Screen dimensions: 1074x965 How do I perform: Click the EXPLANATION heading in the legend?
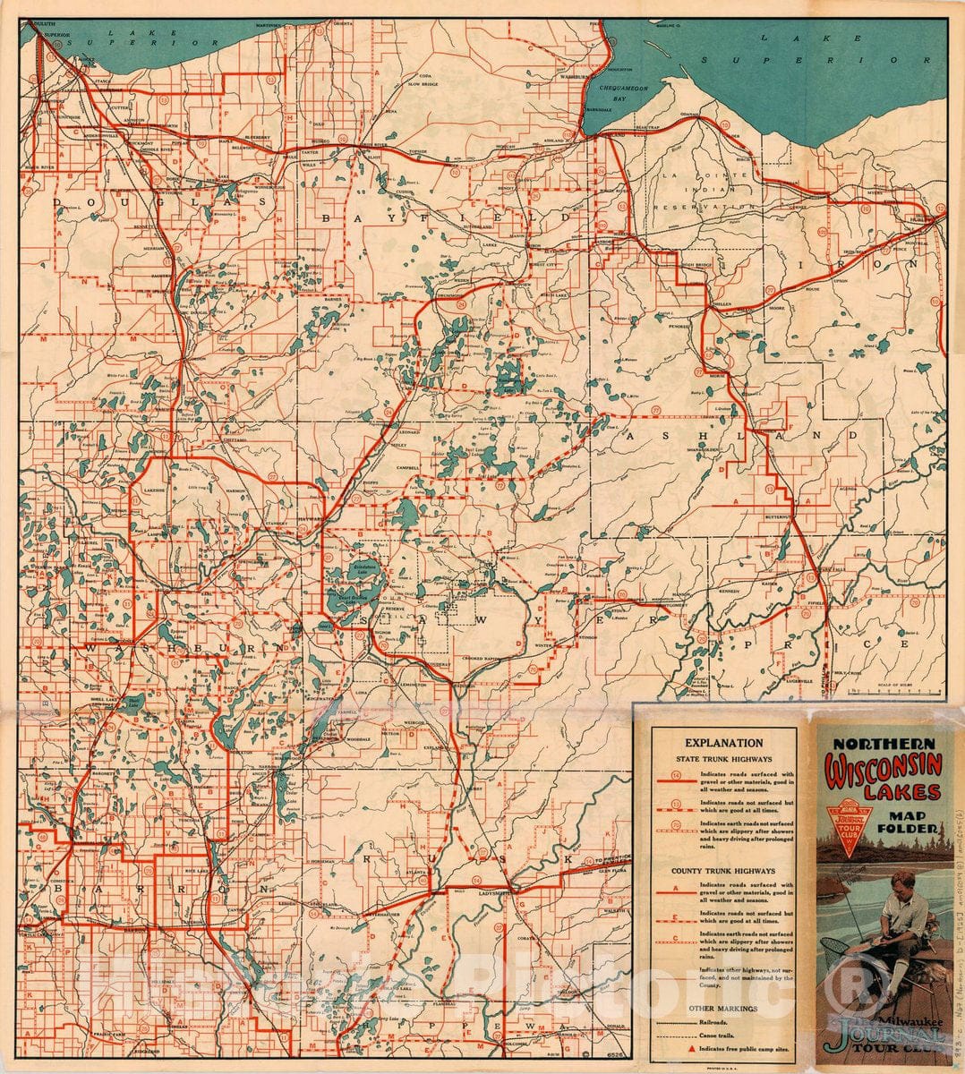point(723,743)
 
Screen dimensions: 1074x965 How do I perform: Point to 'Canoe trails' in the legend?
point(715,1034)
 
